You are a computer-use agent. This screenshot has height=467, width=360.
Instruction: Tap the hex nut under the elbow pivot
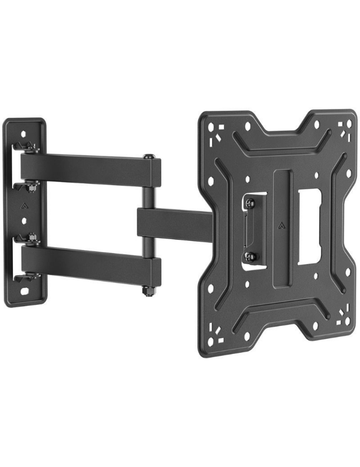point(149,291)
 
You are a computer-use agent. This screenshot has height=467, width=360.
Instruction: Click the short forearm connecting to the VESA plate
point(175,225)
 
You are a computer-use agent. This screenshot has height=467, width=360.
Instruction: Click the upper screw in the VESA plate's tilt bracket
point(250,203)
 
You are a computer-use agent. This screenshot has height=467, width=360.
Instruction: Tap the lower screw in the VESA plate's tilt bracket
point(251,256)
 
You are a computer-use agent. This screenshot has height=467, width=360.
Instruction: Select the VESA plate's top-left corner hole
point(211,127)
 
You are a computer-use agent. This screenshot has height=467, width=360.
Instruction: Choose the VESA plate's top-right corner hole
point(347,125)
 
